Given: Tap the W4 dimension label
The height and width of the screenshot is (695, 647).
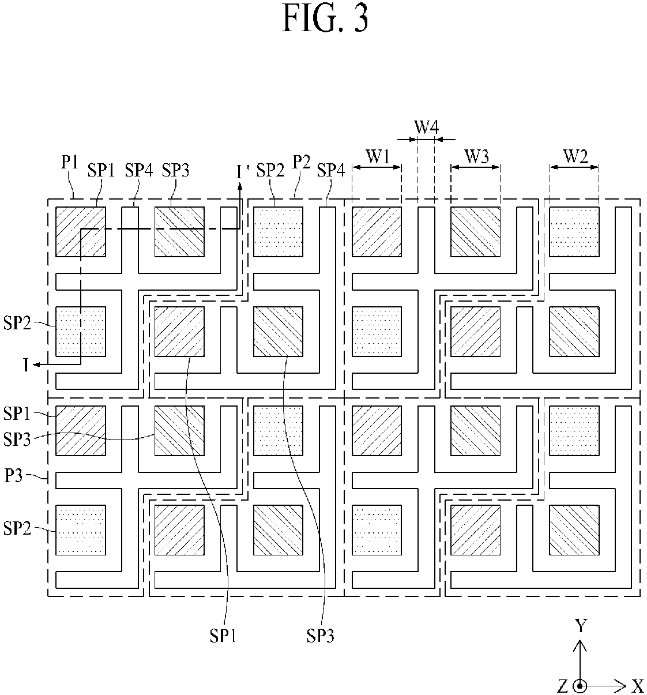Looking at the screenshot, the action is [427, 127].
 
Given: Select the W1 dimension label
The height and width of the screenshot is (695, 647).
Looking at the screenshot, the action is [378, 156].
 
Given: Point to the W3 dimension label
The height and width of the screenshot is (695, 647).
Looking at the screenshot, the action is [476, 156].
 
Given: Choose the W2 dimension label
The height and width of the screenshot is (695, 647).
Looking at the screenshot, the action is [575, 156].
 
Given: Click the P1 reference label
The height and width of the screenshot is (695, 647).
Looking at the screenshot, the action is [70, 163].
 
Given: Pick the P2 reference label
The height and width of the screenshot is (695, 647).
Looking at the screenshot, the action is [302, 163].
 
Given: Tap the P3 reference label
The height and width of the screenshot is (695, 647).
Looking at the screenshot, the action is [14, 476].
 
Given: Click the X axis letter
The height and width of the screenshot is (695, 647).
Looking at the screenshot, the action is [638, 686].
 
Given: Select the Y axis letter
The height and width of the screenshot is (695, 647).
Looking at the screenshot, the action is [581, 626].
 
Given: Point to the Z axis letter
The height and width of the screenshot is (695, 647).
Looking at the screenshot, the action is [562, 686].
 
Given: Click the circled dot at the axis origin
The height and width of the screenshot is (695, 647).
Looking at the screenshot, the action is [580, 686].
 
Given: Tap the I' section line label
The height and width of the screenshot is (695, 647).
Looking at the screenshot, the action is [242, 172].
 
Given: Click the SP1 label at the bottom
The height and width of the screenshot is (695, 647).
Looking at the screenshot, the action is [223, 636].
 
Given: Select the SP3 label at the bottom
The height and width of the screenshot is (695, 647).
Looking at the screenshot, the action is [320, 636].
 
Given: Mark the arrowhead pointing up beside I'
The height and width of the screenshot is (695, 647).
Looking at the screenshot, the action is [240, 187].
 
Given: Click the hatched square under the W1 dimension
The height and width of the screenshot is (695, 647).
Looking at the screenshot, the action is [377, 232].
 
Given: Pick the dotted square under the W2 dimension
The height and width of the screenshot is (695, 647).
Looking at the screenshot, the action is [574, 232].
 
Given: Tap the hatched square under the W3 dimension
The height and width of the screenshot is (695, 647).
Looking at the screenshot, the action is [476, 232].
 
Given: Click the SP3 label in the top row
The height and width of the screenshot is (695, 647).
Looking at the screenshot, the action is [176, 170].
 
